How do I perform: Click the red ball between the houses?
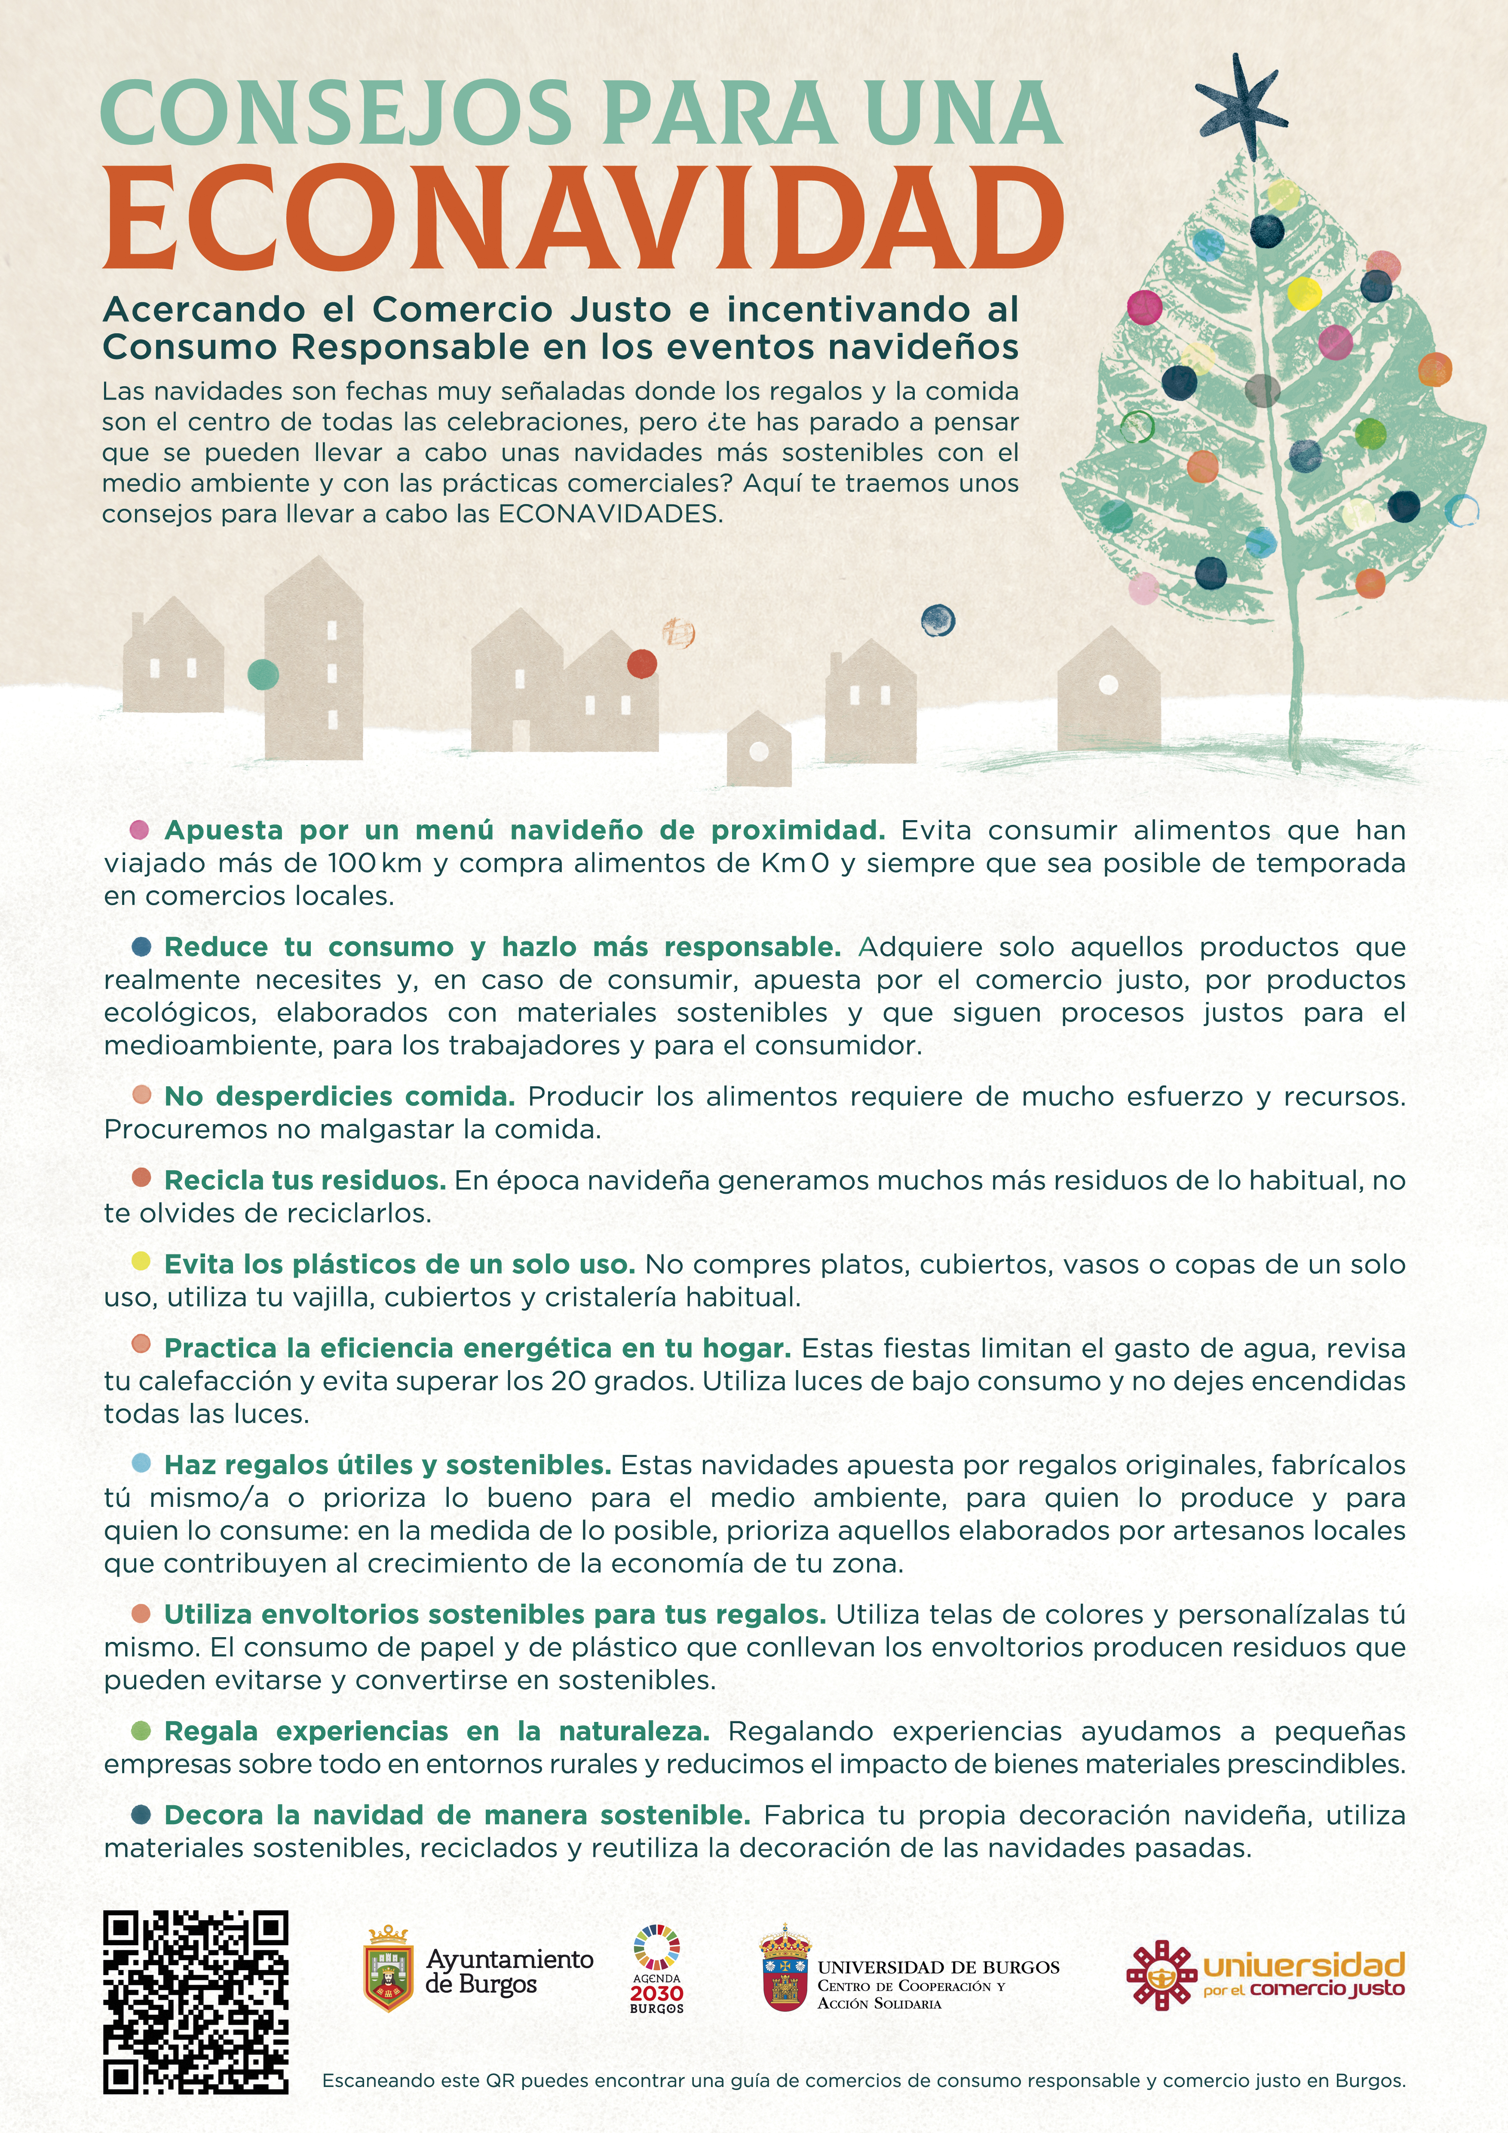tap(642, 663)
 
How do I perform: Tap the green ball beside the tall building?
tap(263, 673)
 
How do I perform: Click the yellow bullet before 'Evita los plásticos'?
tap(141, 1260)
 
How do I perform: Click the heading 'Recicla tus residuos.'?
tap(305, 1180)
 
